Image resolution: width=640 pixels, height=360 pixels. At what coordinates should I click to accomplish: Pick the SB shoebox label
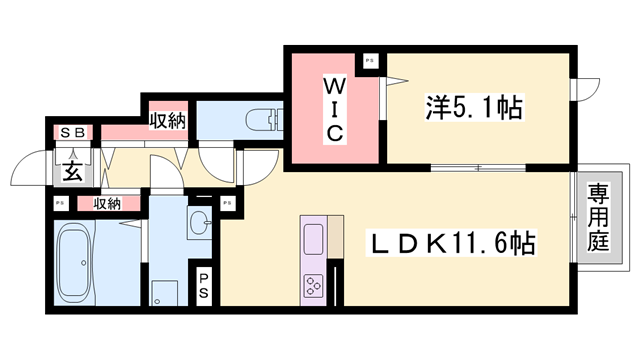[73, 132]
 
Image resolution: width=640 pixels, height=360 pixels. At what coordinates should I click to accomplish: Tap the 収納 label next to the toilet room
[167, 121]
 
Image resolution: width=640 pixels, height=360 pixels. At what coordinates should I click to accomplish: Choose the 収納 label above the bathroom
[107, 203]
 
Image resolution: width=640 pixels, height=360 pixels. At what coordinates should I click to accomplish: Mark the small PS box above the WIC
[370, 61]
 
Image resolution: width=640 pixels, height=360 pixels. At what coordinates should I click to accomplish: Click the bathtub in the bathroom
[79, 258]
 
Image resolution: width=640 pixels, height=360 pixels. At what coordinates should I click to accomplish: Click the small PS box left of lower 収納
[59, 204]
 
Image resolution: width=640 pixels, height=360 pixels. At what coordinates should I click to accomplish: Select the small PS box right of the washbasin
[227, 204]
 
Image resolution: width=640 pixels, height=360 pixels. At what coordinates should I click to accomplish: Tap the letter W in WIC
[334, 86]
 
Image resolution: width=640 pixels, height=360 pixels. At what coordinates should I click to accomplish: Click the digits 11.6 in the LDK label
[476, 242]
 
